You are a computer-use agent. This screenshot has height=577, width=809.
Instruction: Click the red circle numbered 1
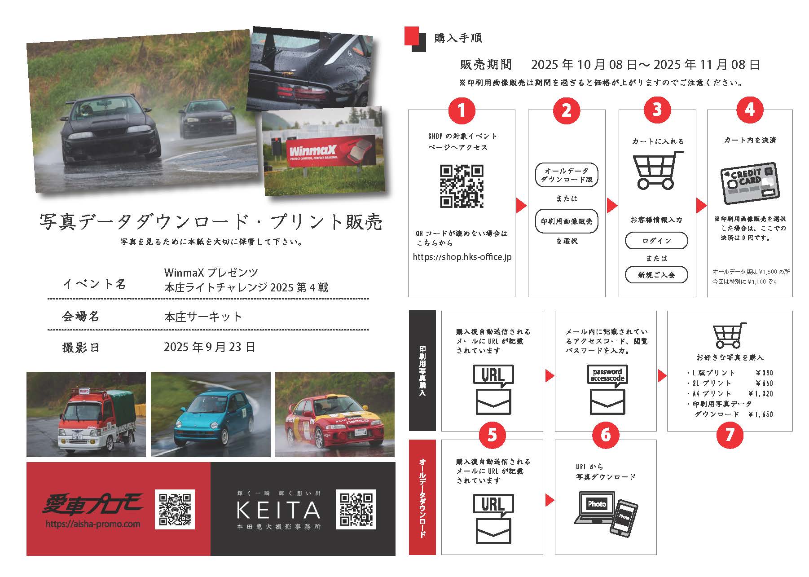(461, 110)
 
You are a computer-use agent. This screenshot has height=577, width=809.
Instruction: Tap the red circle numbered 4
(750, 110)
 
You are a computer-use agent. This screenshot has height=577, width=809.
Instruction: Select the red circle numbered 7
(729, 434)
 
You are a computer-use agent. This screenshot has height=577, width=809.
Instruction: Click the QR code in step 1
(462, 186)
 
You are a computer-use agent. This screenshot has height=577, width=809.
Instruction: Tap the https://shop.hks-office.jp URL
(462, 257)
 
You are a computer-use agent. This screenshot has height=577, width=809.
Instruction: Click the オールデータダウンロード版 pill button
(567, 175)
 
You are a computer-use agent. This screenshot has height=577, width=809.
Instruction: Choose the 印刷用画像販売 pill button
(567, 221)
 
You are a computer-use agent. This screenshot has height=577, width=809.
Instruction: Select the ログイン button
(656, 241)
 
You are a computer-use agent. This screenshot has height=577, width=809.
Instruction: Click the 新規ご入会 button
(656, 275)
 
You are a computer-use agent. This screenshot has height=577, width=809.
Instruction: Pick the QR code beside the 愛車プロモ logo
(175, 509)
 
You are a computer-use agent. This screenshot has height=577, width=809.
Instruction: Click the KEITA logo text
(278, 510)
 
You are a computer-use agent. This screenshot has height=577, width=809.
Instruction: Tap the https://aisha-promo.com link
(93, 524)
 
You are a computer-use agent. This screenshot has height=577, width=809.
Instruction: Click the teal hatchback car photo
(211, 414)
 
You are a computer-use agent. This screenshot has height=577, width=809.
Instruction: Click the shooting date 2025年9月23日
(210, 347)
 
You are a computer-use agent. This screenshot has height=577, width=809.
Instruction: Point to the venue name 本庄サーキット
(203, 317)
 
